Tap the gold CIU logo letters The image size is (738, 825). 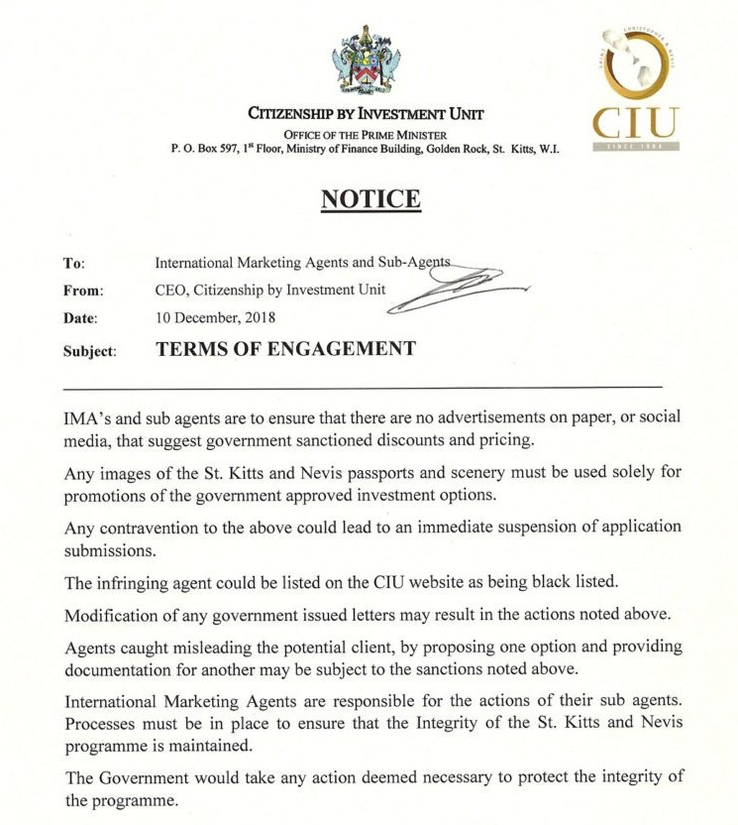pyautogui.click(x=636, y=122)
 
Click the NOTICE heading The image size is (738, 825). pyautogui.click(x=370, y=198)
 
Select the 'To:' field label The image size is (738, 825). pyautogui.click(x=74, y=263)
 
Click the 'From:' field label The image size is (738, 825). pyautogui.click(x=82, y=291)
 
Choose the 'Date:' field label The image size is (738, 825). pyautogui.click(x=80, y=318)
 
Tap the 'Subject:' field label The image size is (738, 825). pyautogui.click(x=90, y=350)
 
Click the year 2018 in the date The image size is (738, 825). pyautogui.click(x=257, y=318)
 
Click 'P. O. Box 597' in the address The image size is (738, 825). pyautogui.click(x=204, y=148)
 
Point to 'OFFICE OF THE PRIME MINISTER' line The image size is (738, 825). pyautogui.click(x=365, y=134)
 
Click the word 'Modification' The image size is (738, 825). pyautogui.click(x=114, y=615)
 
